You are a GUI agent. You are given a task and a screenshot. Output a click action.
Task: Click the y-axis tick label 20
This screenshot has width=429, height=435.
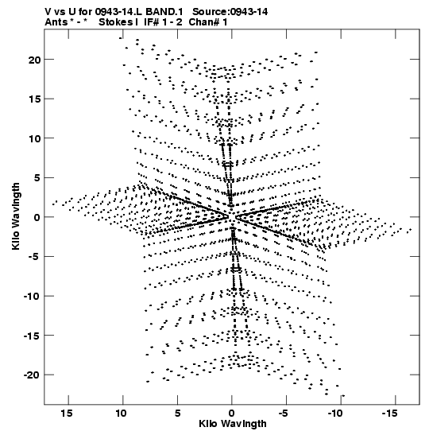tap(34, 60)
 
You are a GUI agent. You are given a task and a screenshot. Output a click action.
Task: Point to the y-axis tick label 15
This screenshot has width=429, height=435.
tap(34, 99)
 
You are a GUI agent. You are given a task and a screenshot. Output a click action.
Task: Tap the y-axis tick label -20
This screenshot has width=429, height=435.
tap(32, 375)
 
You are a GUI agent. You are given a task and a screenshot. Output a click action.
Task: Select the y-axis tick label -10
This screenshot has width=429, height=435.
tap(32, 297)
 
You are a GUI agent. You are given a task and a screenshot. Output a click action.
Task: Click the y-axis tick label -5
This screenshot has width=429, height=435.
tap(35, 257)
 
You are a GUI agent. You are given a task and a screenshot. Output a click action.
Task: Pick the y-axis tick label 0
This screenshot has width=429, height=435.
tap(37, 218)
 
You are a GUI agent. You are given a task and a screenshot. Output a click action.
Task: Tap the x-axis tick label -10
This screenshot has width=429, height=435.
tap(335, 414)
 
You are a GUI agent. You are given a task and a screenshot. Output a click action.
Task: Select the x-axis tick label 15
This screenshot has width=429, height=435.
tap(67, 414)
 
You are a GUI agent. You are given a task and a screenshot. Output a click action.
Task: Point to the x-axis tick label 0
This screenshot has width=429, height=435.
tap(231, 414)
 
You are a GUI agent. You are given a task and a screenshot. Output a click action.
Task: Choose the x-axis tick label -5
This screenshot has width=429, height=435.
tap(284, 414)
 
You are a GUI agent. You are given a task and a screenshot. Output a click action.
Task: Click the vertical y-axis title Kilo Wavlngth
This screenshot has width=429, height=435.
tap(16, 216)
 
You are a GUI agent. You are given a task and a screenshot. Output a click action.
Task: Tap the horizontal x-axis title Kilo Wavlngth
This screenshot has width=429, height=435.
tap(233, 424)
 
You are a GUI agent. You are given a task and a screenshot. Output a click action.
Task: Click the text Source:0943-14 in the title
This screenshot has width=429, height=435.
tap(230, 12)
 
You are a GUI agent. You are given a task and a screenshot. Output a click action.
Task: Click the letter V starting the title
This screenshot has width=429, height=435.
tap(48, 12)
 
